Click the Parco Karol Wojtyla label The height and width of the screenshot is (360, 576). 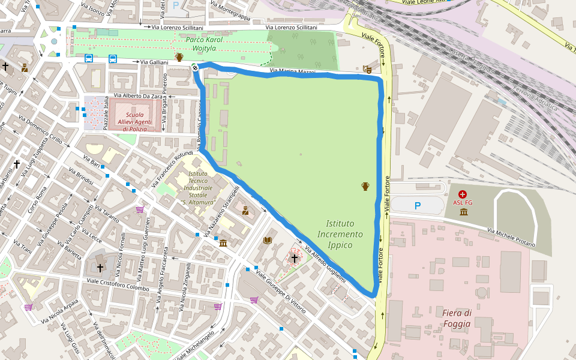204,44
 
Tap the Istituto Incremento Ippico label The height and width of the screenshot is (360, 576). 340,234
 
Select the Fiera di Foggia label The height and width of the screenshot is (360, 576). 457,319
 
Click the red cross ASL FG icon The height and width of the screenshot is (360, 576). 463,194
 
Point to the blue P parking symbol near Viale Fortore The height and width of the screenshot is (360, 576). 418,206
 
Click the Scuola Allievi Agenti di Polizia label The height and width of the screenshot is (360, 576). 134,121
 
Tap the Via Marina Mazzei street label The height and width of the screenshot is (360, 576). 292,73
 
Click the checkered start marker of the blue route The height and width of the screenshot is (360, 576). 195,67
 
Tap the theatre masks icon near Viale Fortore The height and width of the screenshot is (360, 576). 367,70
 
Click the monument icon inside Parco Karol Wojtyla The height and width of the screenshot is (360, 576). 179,58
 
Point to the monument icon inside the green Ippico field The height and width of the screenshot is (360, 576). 365,186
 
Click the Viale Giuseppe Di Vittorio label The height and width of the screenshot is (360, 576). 281,292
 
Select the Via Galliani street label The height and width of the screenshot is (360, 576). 154,62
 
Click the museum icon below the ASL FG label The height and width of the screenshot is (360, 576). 463,212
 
